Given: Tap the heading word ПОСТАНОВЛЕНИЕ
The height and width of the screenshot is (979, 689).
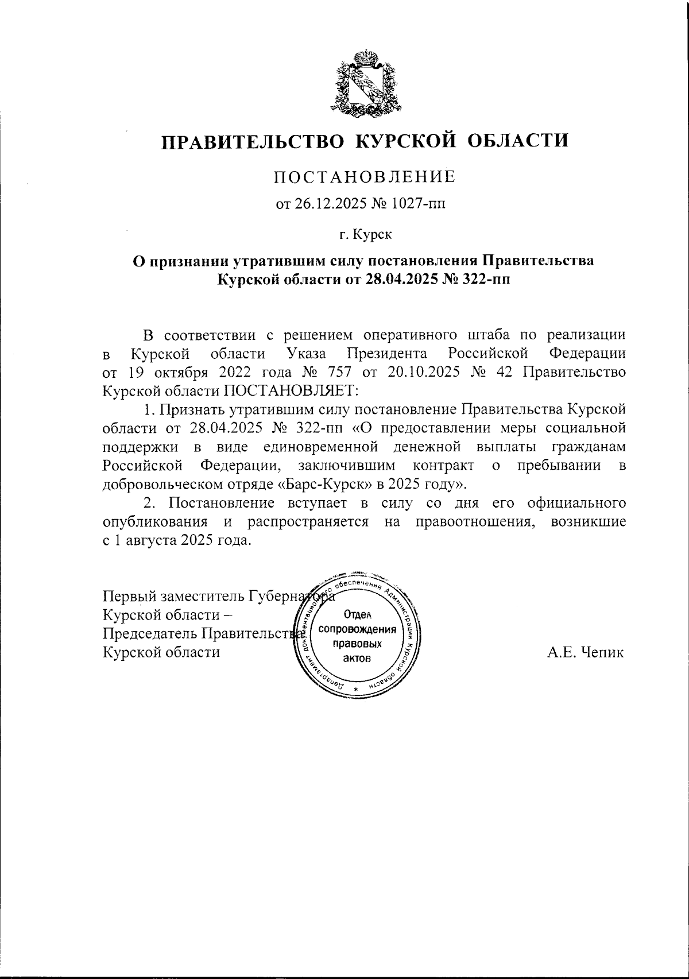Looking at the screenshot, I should pyautogui.click(x=364, y=177).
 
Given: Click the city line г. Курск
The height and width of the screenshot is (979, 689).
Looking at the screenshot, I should pyautogui.click(x=364, y=234).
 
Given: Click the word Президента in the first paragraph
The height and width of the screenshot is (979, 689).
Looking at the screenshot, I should pyautogui.click(x=387, y=352).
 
